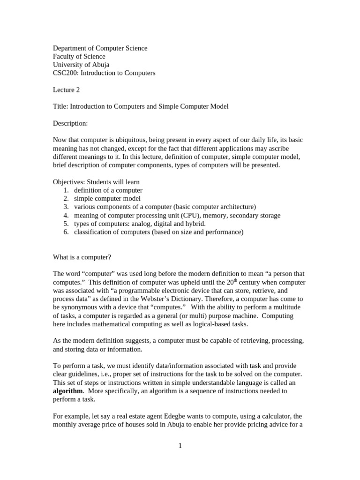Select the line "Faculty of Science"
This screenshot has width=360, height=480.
(x=79, y=56)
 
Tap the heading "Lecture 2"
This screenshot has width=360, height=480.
(x=67, y=90)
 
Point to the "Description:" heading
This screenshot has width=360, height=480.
(x=70, y=123)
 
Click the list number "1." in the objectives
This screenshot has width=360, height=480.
(x=66, y=190)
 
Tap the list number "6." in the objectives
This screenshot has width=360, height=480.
(x=66, y=232)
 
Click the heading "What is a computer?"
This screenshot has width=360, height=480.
(x=82, y=257)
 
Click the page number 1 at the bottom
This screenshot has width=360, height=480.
(x=180, y=446)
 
